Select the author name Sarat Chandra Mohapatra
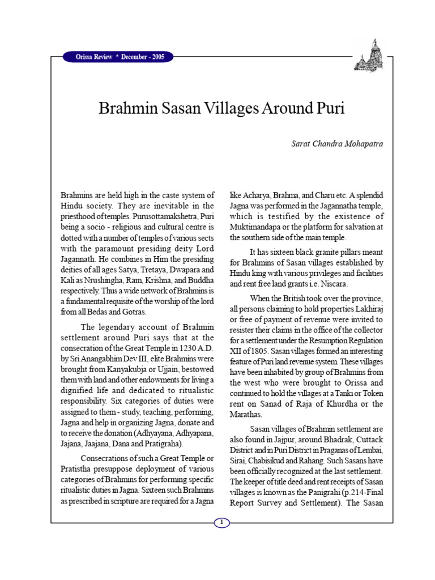pyautogui.click(x=336, y=144)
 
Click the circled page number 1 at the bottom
pyautogui.click(x=222, y=523)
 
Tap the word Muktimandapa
pyautogui.click(x=255, y=227)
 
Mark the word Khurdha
pyautogui.click(x=339, y=403)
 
